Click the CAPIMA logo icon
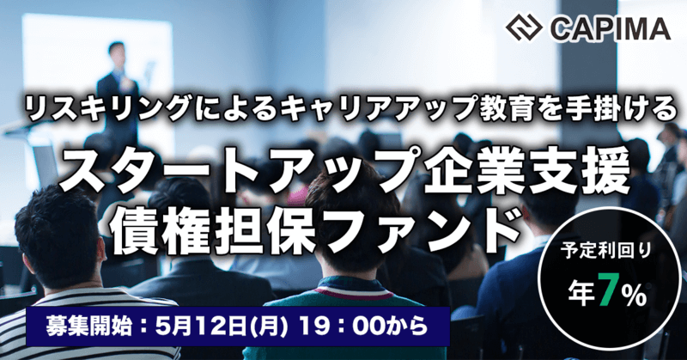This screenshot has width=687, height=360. (x=524, y=27)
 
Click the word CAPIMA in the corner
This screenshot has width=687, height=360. (x=611, y=28)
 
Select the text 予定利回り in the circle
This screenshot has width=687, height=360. (x=605, y=252)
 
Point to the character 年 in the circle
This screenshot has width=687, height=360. (x=582, y=295)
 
